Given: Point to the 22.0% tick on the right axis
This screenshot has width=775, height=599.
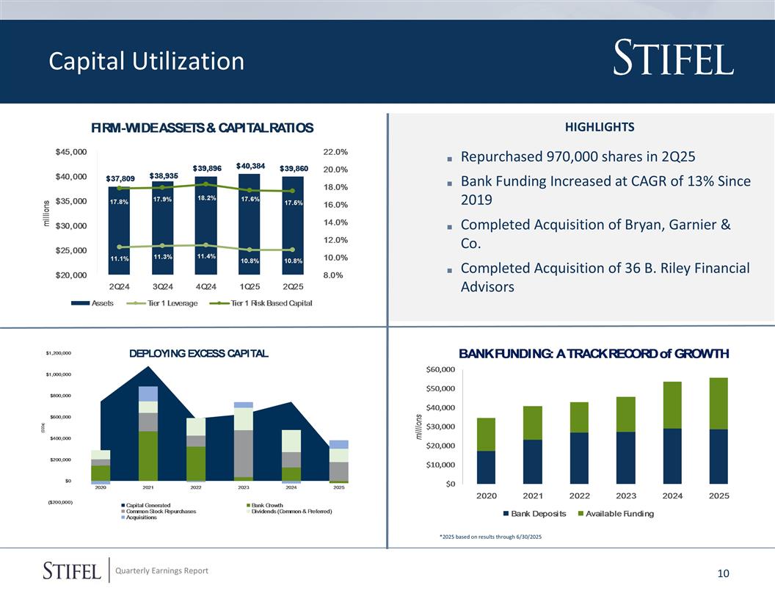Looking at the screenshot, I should [x=335, y=152].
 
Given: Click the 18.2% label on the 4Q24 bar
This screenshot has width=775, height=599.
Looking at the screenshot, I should [x=206, y=197].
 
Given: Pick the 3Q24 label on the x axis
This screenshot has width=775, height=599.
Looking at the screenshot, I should [x=162, y=286].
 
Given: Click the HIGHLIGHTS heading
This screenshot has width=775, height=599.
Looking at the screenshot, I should [x=600, y=127].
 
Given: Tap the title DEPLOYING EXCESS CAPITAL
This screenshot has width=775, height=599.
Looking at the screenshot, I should [x=199, y=354].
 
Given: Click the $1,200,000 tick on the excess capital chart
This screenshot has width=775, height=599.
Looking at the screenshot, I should [x=58, y=353].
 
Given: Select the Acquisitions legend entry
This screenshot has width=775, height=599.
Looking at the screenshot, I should [x=142, y=518].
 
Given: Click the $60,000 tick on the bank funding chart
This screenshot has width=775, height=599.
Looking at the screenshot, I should [x=441, y=369].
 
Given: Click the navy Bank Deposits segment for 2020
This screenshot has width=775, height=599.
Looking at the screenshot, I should [x=486, y=467].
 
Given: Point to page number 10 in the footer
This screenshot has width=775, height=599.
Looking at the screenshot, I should [x=723, y=573].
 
